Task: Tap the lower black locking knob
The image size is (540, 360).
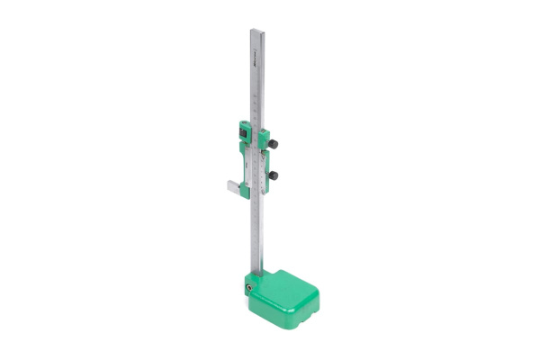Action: (x=274, y=175)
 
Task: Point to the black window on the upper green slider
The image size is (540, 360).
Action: (x=242, y=131)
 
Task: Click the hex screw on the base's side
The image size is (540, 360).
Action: (x=247, y=286)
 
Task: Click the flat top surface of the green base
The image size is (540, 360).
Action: (x=290, y=283)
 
